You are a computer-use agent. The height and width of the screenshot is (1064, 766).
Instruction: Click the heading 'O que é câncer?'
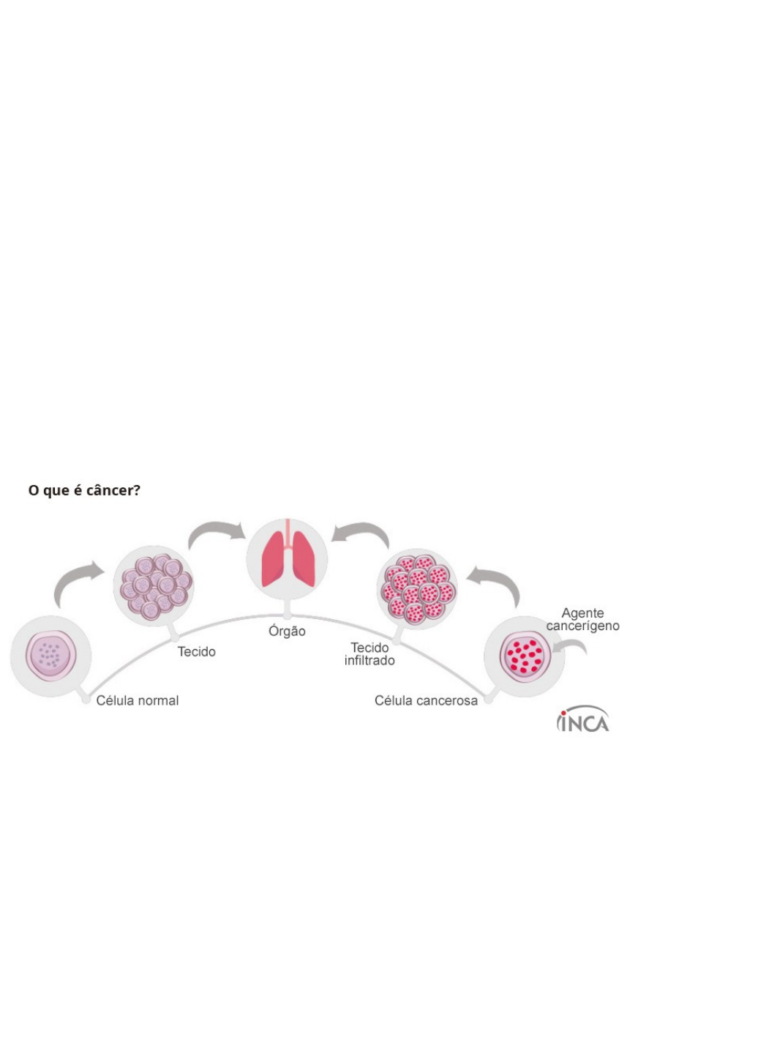pos(84,490)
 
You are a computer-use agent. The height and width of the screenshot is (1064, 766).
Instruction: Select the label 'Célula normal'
pos(138,700)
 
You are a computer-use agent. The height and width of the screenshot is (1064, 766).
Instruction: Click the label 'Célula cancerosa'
pos(426,700)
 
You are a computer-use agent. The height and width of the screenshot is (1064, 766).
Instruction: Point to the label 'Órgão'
pos(287,632)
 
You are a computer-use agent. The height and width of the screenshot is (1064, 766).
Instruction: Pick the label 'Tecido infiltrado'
pos(369,654)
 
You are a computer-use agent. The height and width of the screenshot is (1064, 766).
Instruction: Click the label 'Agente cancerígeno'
pos(582,619)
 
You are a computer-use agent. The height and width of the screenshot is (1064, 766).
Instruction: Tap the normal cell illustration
pos(50,656)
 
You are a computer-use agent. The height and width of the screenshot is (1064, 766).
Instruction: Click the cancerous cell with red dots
pos(525,656)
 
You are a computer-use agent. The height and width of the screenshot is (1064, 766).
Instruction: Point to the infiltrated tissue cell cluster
pos(418,590)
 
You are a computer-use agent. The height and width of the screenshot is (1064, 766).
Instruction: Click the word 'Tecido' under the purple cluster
pos(197,652)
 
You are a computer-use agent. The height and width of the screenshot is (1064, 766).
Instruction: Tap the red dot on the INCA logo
pos(563,713)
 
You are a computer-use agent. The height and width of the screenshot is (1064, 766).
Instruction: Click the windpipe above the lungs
pos(288,535)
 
